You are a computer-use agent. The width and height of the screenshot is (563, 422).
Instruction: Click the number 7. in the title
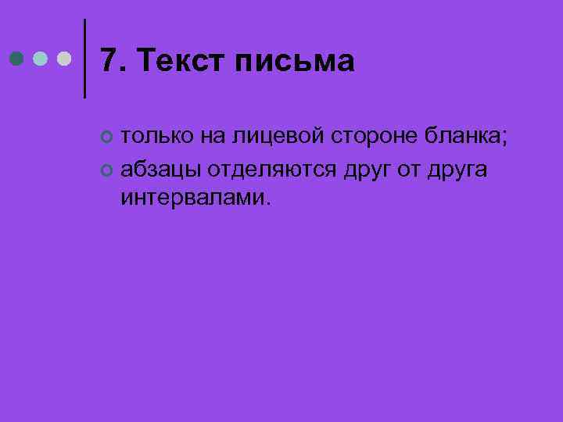(x=113, y=60)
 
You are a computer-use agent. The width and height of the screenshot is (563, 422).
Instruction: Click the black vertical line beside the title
(x=84, y=59)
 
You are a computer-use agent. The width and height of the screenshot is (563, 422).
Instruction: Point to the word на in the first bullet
(x=212, y=137)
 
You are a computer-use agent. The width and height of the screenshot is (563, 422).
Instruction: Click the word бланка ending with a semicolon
(x=467, y=137)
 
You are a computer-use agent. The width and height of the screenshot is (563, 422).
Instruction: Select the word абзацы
(x=160, y=169)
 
